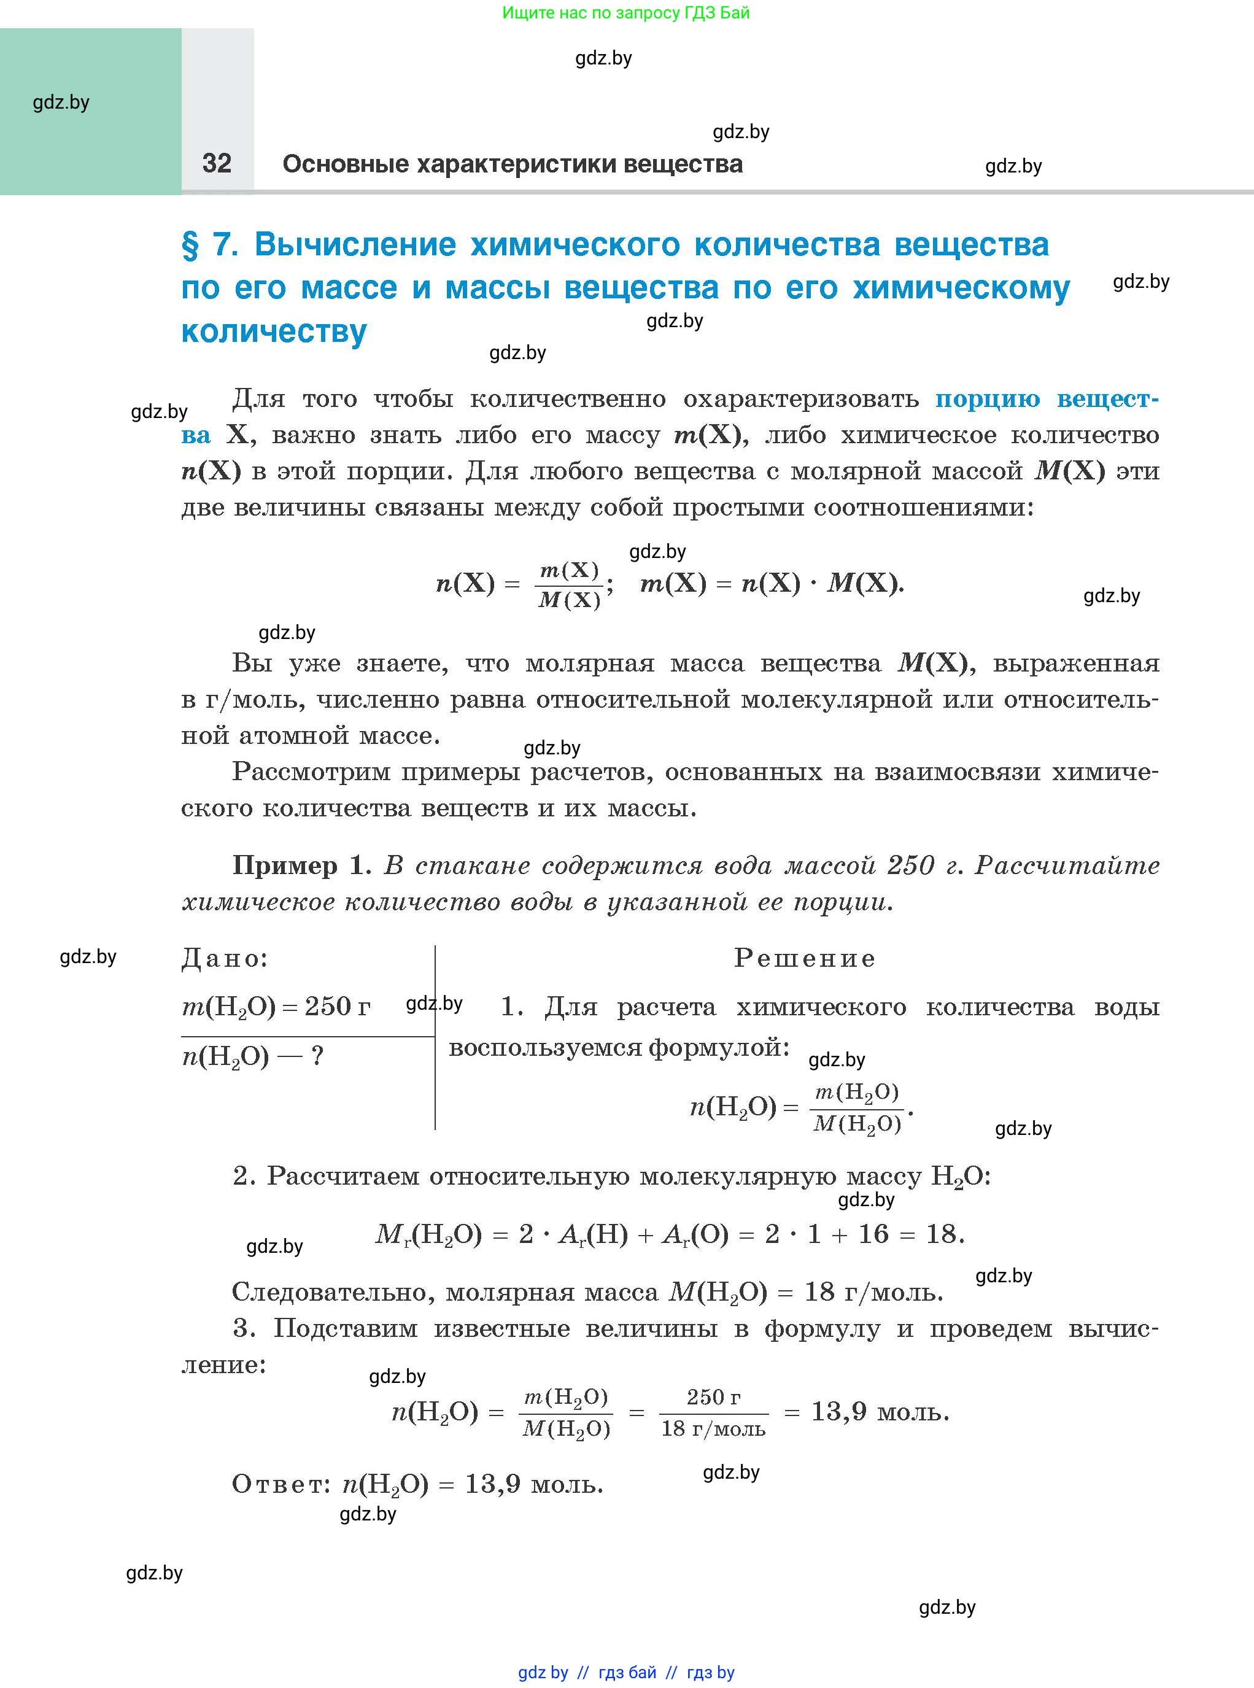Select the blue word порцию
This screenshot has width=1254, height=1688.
click(987, 399)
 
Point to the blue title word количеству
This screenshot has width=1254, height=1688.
click(274, 331)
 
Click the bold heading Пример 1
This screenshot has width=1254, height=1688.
click(301, 866)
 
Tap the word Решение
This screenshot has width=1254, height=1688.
click(804, 959)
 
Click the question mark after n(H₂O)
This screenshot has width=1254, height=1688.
click(317, 1056)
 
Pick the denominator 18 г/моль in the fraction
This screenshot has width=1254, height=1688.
click(713, 1429)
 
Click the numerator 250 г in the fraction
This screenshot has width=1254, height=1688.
click(713, 1397)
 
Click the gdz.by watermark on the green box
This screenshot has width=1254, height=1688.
click(61, 103)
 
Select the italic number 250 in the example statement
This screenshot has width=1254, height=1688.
click(910, 866)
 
